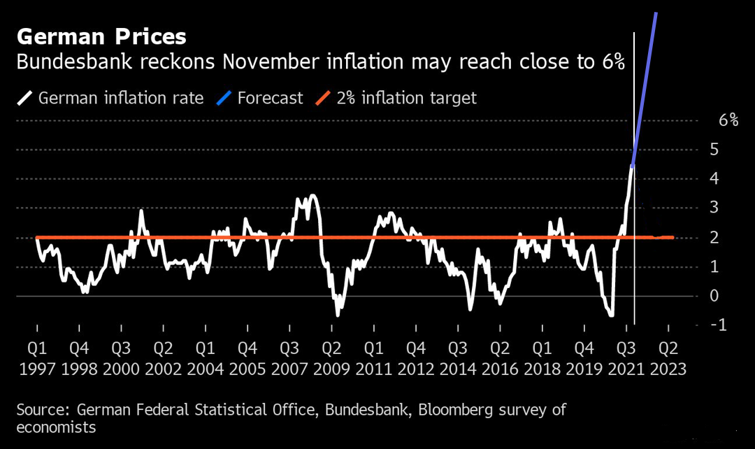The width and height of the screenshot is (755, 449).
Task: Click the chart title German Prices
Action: pyautogui.click(x=101, y=36)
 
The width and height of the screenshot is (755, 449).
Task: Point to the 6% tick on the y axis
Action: pyautogui.click(x=728, y=120)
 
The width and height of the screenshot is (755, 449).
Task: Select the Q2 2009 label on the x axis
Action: pyautogui.click(x=331, y=358)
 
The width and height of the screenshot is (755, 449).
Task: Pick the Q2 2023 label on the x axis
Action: pyautogui.click(x=668, y=358)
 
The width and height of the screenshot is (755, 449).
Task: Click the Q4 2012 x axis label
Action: pyautogui.click(x=415, y=358)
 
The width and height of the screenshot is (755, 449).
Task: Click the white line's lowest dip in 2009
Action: pyautogui.click(x=338, y=315)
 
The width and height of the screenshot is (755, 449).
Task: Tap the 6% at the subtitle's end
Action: pyautogui.click(x=610, y=62)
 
